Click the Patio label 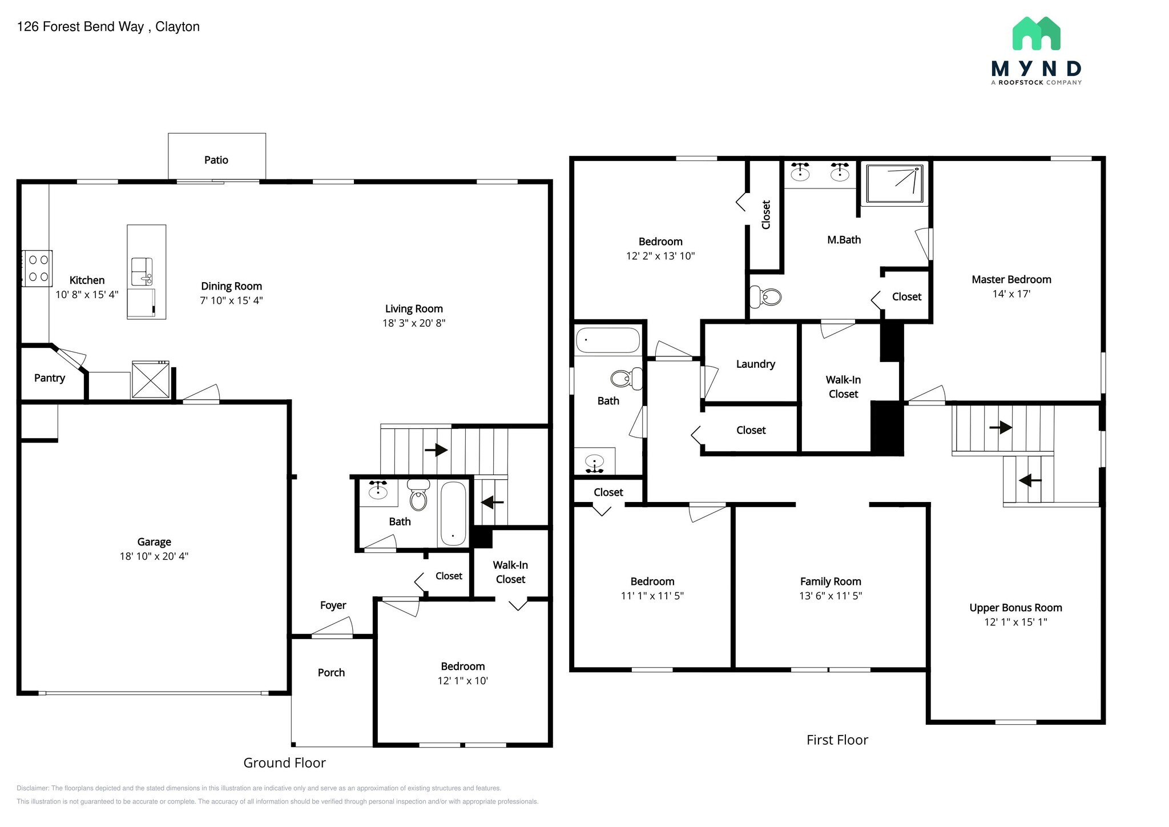click(216, 160)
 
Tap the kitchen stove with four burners click(38, 268)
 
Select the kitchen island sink click(142, 271)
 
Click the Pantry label click(50, 378)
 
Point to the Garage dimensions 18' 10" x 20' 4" click(154, 556)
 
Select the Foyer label click(333, 605)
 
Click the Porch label click(331, 672)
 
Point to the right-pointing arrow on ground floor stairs click(436, 450)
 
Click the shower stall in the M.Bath click(894, 183)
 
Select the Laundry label click(755, 364)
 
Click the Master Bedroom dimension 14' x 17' click(1011, 294)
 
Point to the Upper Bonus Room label click(1015, 608)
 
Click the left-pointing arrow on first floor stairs click(1030, 480)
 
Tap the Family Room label click(830, 581)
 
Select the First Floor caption click(837, 740)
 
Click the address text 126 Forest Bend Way click(80, 27)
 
